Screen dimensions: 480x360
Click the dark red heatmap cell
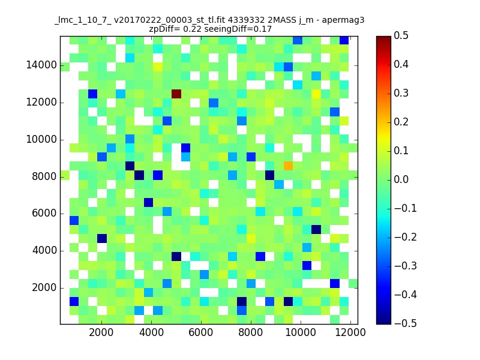(x=176, y=94)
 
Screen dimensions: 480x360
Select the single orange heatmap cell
(x=288, y=166)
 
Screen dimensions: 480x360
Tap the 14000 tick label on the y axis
(x=41, y=65)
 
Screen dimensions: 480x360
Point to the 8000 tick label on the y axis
(x=44, y=176)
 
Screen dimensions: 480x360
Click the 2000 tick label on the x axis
(x=101, y=332)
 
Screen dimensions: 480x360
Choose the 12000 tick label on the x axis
(x=350, y=332)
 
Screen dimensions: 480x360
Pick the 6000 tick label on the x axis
(x=201, y=332)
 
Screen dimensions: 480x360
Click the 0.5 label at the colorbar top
(x=401, y=35)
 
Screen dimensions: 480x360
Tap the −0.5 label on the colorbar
(x=406, y=323)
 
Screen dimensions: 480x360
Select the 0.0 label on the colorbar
(x=401, y=179)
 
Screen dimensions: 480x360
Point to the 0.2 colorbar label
(x=401, y=122)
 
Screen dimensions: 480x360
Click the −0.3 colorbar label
(x=406, y=266)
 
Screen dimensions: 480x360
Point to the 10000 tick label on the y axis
(x=41, y=139)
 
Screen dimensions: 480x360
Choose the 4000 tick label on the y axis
(x=44, y=250)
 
